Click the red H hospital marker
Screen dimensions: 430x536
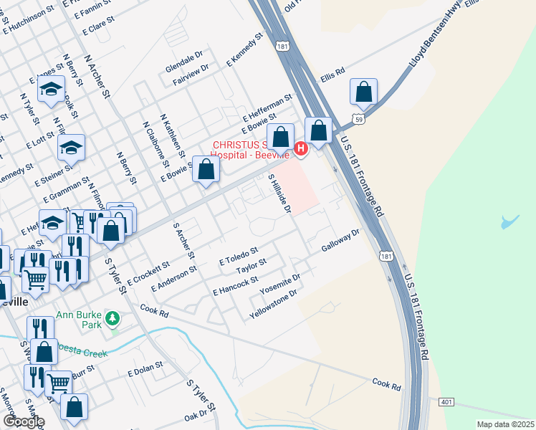pos(301,148)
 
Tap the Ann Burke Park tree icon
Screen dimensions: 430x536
pos(112,317)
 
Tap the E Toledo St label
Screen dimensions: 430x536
pos(238,255)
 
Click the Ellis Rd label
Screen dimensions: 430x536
pos(333,74)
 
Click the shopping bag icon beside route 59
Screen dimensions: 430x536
pos(364,92)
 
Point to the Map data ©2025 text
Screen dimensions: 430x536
pos(505,424)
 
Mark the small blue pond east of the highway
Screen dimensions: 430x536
pos(509,221)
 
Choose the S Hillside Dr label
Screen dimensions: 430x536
pos(279,193)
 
